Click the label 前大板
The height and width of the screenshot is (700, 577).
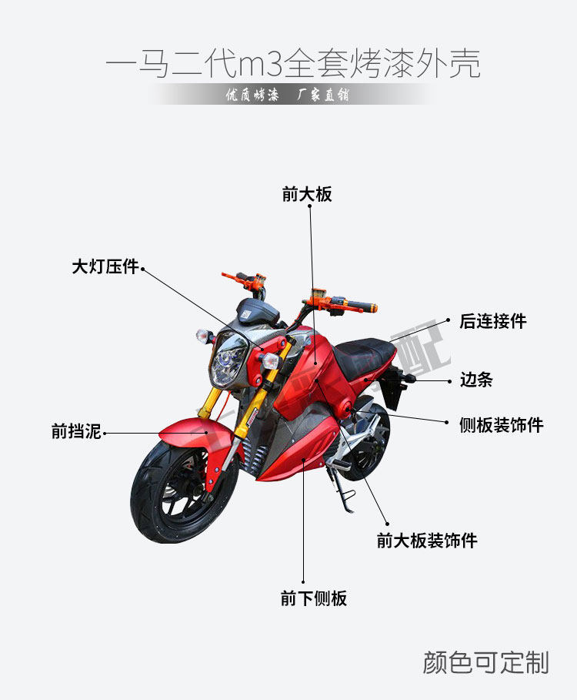coord(307,194)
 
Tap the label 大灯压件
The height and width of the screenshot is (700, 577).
coord(105,267)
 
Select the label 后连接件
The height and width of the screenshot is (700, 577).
coord(492,321)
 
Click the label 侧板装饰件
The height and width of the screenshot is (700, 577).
coord(501,424)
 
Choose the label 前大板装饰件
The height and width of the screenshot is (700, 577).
coord(427,541)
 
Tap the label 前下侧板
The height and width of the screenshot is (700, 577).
coord(314,598)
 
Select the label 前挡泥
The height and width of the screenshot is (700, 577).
coord(76,432)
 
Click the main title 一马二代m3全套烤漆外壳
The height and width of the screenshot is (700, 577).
coord(292,65)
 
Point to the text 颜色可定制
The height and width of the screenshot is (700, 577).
coord(485,661)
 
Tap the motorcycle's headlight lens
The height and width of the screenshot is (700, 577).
coord(228,364)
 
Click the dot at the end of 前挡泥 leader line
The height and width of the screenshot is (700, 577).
coord(105,433)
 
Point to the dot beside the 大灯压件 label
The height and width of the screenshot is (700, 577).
coord(143,269)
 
